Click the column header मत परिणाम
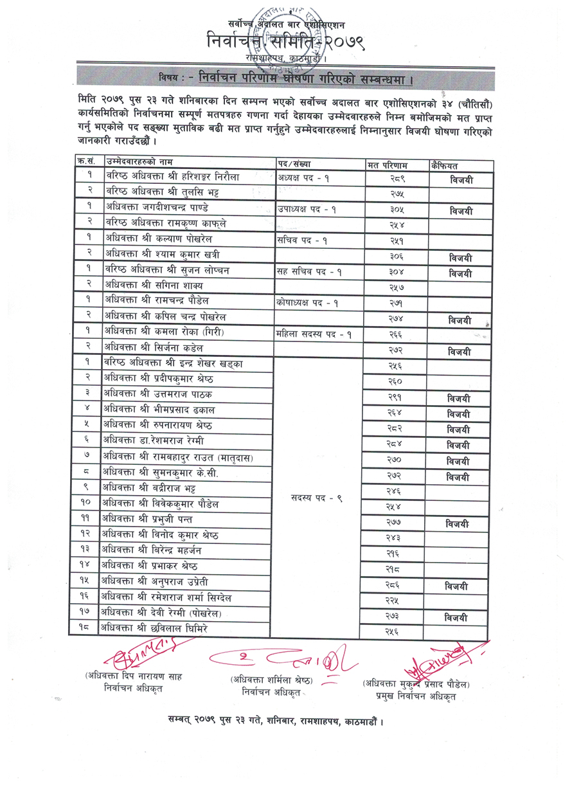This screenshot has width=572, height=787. [392, 165]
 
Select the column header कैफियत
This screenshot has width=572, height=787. [446, 165]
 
